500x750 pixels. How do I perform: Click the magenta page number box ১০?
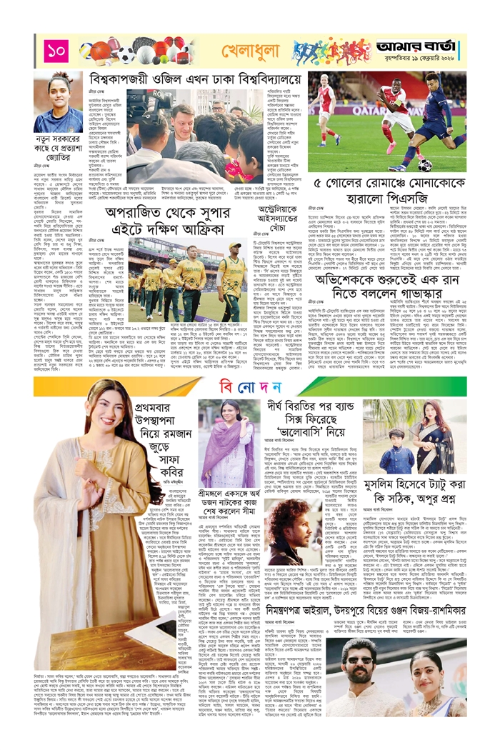click(x=55, y=51)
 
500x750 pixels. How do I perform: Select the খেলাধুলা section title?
click(x=240, y=51)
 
